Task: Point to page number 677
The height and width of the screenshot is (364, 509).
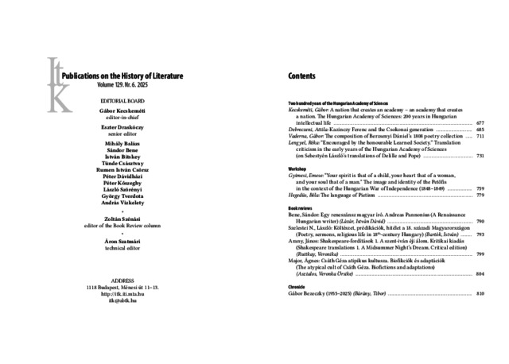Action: click(480, 125)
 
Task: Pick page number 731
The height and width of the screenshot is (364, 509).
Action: click(480, 157)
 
